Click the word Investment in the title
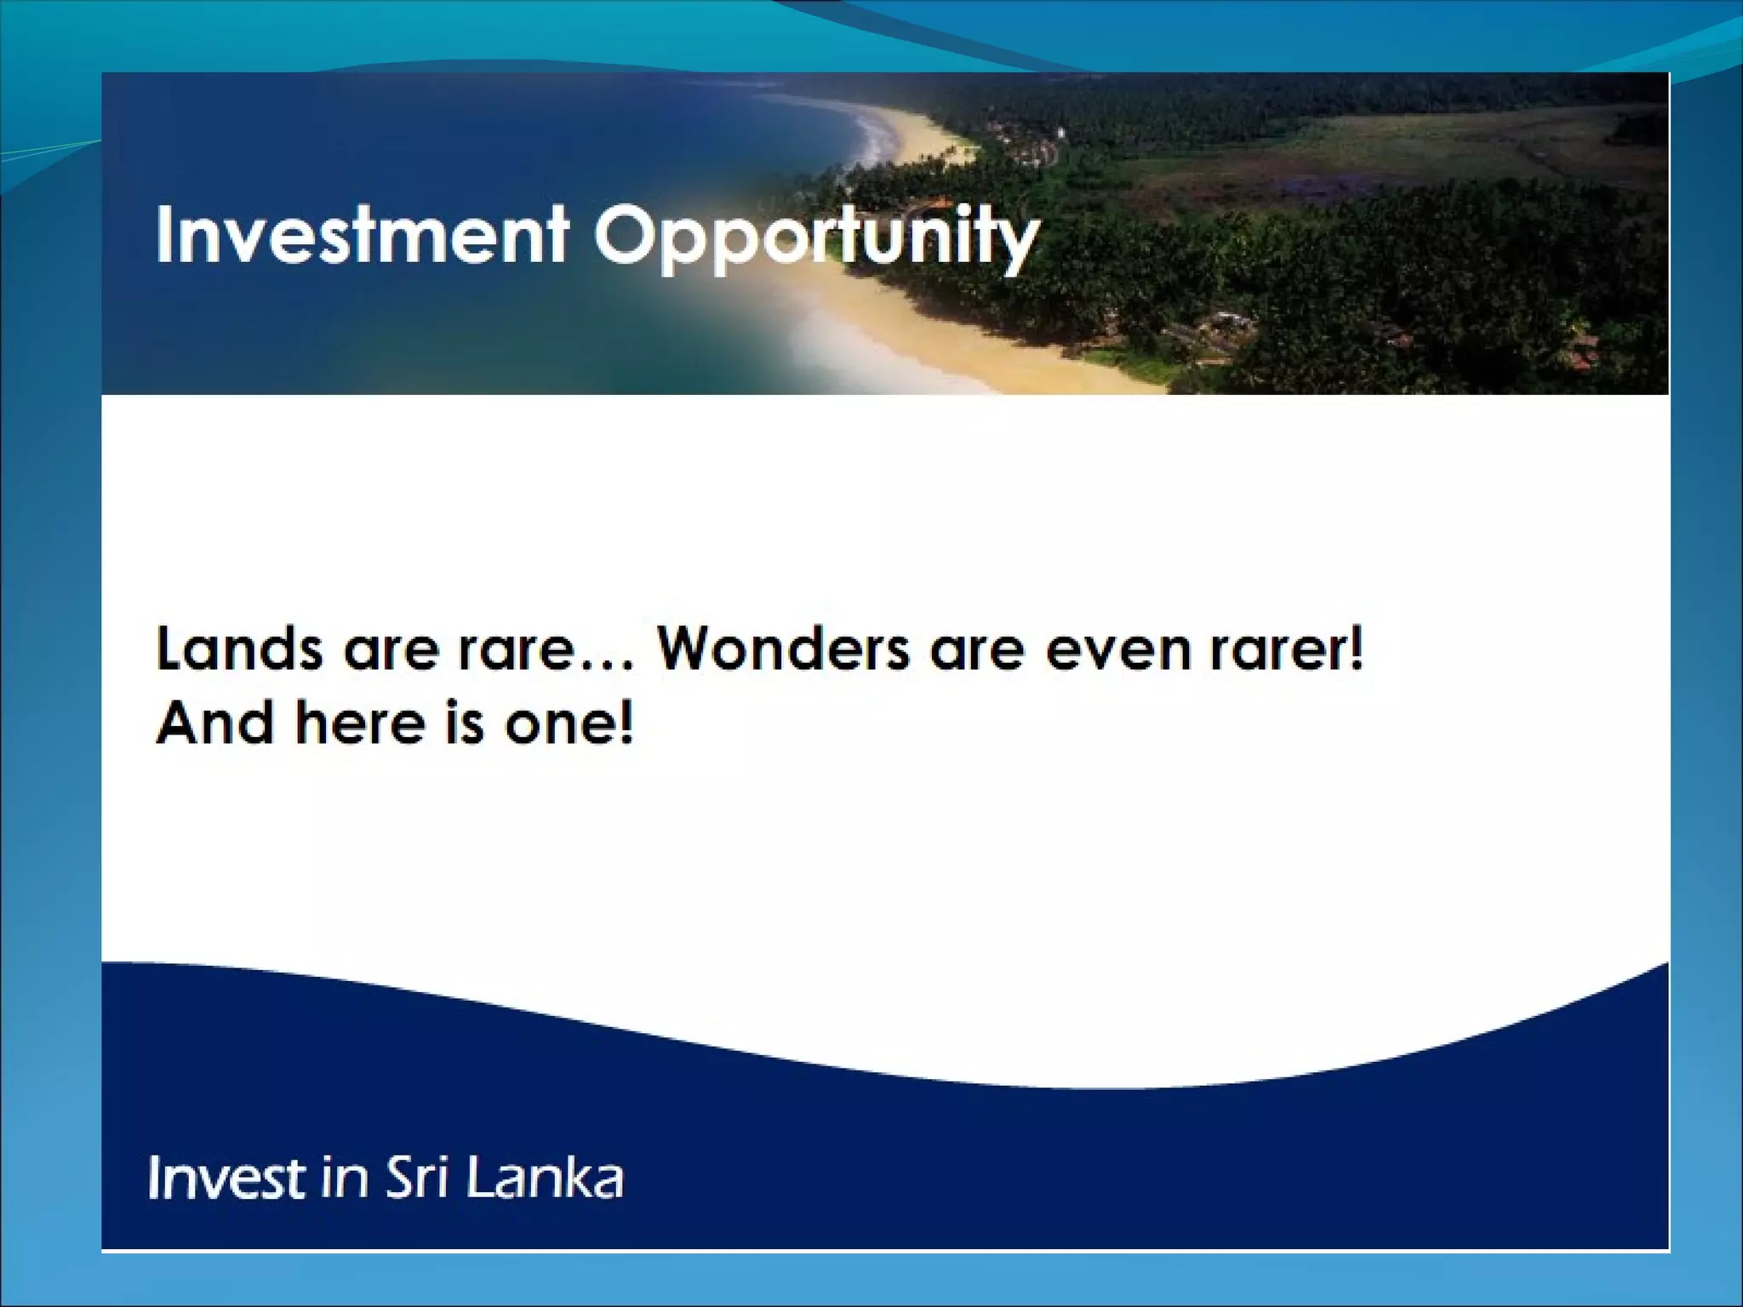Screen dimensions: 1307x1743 (362, 235)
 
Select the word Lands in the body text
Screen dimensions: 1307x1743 (239, 649)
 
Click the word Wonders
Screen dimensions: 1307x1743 (783, 649)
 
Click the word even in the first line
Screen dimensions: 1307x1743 (1117, 651)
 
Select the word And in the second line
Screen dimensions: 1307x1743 (215, 723)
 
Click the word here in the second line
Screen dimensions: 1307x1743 (360, 723)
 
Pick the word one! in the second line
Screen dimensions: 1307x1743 (569, 723)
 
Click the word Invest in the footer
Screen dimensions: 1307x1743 (226, 1179)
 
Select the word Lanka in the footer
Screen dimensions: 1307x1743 (545, 1179)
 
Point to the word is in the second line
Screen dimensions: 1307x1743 (464, 723)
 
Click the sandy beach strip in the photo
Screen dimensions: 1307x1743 (936, 340)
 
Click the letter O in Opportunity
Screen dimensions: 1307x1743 (627, 235)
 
